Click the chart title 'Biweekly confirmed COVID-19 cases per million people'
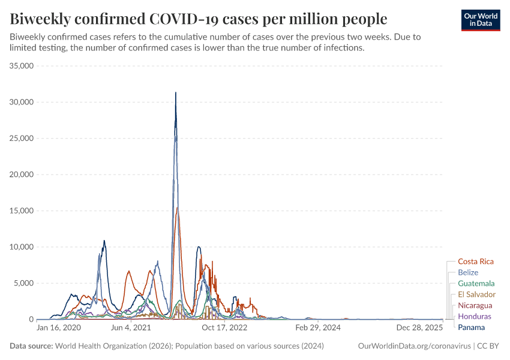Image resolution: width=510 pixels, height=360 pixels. tap(199, 17)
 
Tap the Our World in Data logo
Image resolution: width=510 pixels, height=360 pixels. tap(480, 19)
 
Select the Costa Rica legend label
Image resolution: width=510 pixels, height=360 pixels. tap(475, 262)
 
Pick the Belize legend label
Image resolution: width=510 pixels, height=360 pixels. tap(468, 272)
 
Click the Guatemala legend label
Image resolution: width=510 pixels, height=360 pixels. tap(476, 283)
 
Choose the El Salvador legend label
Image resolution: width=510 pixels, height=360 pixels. tap(476, 294)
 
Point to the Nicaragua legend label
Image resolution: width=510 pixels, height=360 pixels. tap(475, 305)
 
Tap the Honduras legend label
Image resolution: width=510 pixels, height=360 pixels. tap(474, 316)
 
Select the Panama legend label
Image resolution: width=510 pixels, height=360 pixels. tap(471, 327)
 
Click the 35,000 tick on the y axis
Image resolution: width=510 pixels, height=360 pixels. tap(21, 66)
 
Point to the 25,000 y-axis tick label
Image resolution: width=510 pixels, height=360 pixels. tap(21, 139)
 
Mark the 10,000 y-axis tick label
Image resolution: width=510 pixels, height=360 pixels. tap(21, 247)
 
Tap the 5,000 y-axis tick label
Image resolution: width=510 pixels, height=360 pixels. tap(23, 283)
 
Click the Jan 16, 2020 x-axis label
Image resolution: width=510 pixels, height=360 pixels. tap(58, 328)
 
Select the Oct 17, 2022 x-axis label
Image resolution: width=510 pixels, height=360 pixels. tap(224, 328)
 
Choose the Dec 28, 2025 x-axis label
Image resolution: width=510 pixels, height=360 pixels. tap(419, 328)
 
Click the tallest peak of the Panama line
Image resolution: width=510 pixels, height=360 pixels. tap(175, 93)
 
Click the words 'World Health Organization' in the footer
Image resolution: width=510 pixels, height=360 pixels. tap(97, 346)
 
